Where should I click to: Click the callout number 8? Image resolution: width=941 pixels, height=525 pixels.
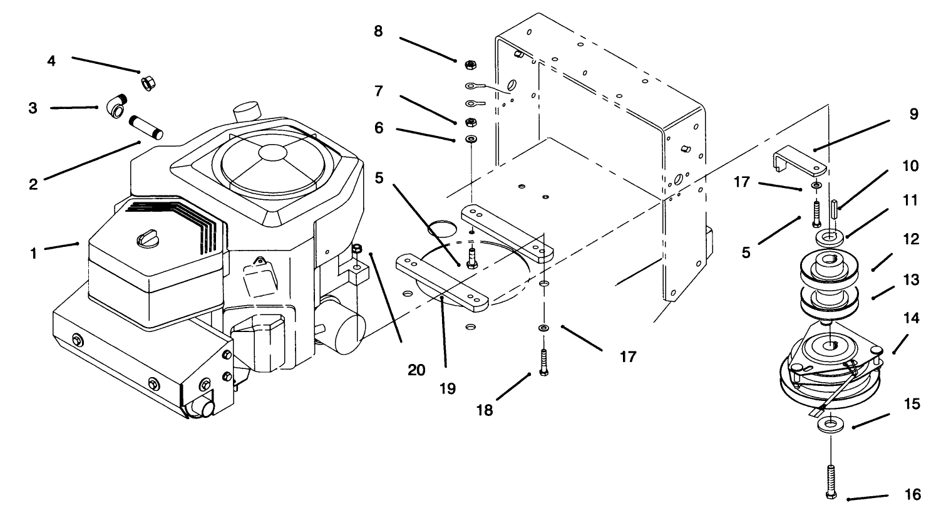(x=378, y=32)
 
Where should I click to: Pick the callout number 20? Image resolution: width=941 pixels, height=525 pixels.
(x=416, y=370)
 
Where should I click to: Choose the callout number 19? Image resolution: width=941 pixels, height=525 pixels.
(x=448, y=388)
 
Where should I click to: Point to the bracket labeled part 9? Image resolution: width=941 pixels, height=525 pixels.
(x=799, y=162)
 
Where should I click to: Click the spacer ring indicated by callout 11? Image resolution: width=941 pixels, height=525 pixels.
(x=830, y=237)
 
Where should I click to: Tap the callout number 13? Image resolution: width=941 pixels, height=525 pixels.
(x=911, y=280)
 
